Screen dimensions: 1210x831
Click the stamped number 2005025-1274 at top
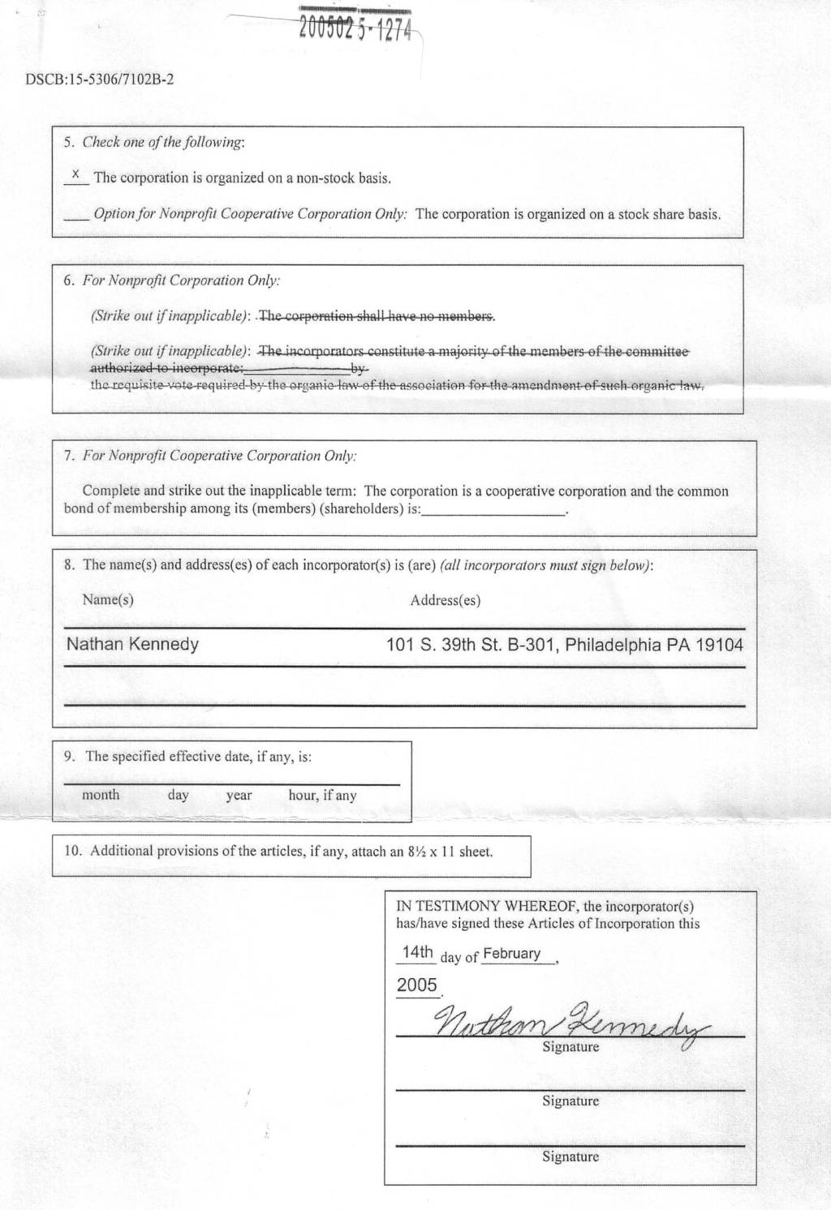[x=356, y=29]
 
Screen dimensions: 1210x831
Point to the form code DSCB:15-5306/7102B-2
[x=100, y=79]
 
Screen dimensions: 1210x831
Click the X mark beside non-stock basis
[x=75, y=174]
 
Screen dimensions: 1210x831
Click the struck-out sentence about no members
[x=377, y=316]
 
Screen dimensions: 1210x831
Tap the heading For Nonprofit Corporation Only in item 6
[x=182, y=281]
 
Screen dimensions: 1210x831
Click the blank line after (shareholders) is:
[x=493, y=512]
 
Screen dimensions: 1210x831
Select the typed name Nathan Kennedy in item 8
[x=132, y=645]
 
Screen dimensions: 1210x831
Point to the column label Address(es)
[x=445, y=601]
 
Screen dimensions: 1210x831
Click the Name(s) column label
[x=108, y=600]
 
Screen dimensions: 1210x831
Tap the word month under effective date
[x=101, y=796]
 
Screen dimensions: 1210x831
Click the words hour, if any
[x=322, y=796]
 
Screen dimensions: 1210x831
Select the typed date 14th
[x=417, y=952]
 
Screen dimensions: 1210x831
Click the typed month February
[x=511, y=954]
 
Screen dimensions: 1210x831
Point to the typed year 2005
[x=417, y=985]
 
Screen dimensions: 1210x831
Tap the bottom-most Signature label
[x=571, y=1157]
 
